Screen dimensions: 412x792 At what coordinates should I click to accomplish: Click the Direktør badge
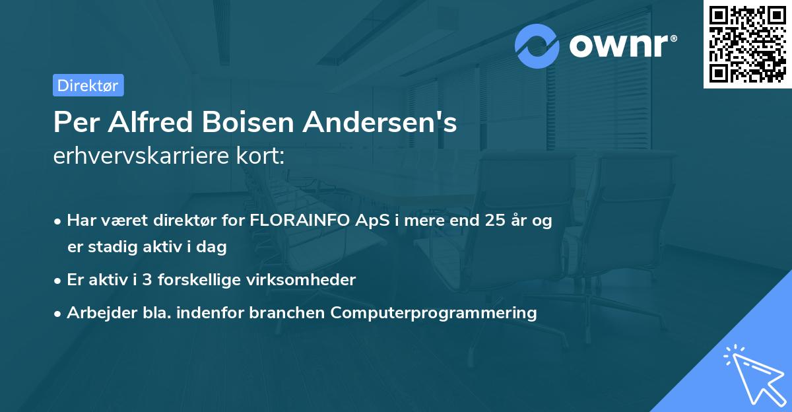88,85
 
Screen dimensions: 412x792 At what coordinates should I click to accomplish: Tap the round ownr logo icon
538,46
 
